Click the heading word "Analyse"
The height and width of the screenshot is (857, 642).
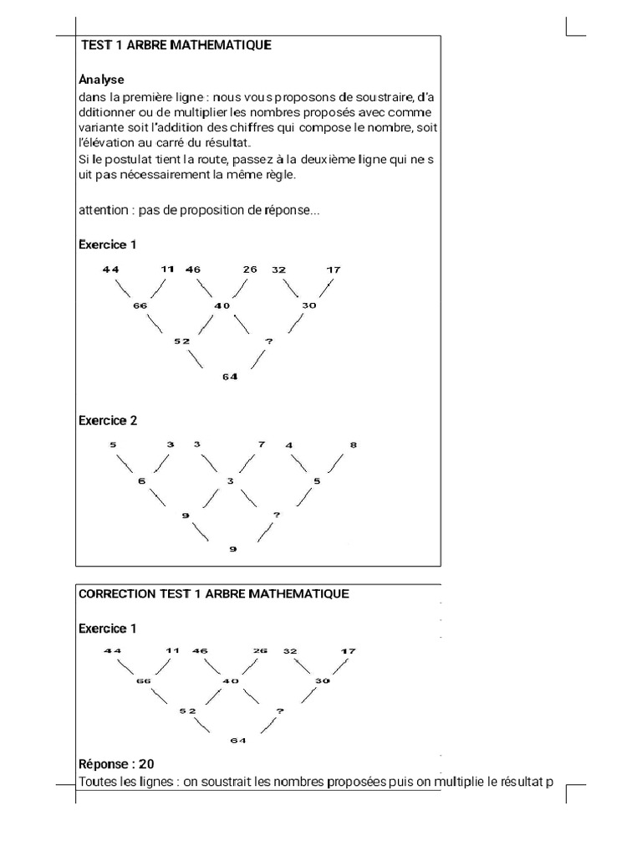point(101,80)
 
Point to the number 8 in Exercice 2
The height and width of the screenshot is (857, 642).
point(353,445)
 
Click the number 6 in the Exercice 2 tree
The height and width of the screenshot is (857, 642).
point(141,481)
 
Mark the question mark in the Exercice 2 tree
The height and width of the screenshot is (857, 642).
point(276,515)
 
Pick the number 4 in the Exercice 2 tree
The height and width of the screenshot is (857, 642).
point(289,445)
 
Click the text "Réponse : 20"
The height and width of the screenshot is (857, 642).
point(116,763)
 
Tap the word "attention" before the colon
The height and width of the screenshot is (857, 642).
point(105,210)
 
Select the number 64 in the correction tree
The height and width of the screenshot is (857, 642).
point(237,740)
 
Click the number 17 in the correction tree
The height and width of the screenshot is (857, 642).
point(348,650)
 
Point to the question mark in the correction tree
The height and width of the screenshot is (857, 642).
point(280,711)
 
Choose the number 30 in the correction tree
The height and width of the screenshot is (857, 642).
point(323,680)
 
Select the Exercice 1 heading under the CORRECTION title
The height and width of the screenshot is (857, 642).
point(107,628)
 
